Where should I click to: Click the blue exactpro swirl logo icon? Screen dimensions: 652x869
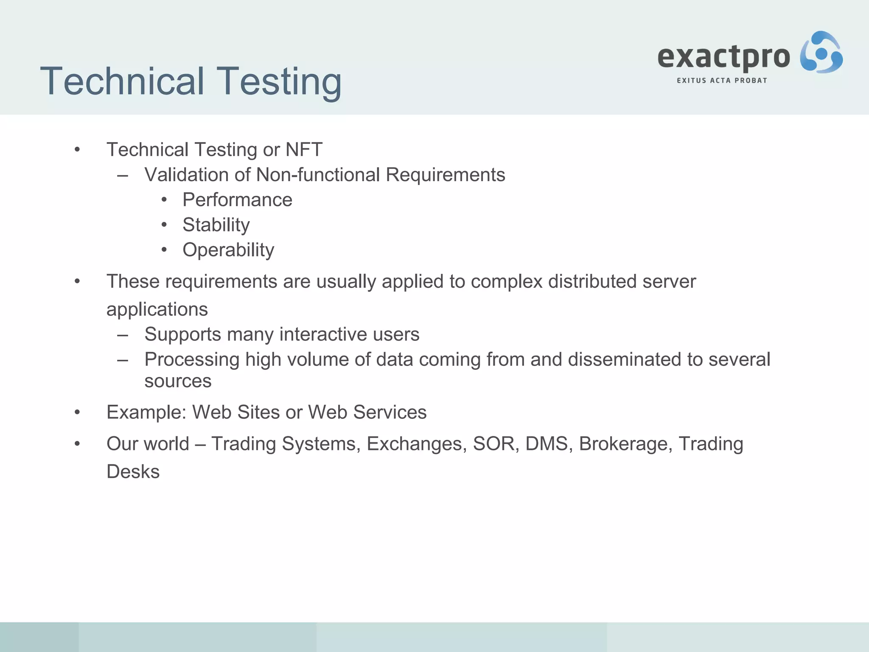821,53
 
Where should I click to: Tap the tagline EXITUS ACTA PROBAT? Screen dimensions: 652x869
722,81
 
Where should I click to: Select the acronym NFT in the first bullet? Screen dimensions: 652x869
304,149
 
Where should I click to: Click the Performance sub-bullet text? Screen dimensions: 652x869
237,200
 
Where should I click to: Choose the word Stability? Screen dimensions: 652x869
216,225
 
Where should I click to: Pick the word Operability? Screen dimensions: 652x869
228,250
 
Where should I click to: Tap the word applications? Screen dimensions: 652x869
157,309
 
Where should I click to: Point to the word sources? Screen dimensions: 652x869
178,381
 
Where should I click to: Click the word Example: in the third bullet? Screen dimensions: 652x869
146,412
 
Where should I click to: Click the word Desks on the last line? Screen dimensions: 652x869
133,472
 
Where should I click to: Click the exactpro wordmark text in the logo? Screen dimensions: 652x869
723,57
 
